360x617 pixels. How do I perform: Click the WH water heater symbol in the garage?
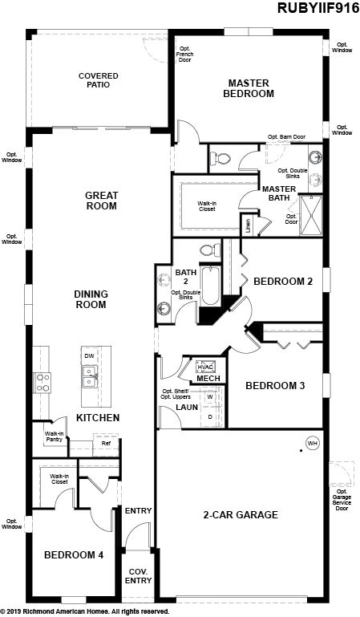pyautogui.click(x=313, y=444)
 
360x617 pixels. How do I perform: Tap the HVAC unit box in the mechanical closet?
pyautogui.click(x=205, y=367)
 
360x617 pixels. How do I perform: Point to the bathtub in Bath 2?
pyautogui.click(x=210, y=286)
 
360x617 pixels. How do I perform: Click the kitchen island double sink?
pyautogui.click(x=90, y=376)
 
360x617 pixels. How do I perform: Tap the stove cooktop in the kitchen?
pyautogui.click(x=42, y=383)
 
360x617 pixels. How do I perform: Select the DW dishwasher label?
pyautogui.click(x=89, y=355)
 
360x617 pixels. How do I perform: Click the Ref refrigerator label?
pyautogui.click(x=106, y=444)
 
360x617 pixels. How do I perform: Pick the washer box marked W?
pyautogui.click(x=210, y=396)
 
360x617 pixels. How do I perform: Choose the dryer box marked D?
pyautogui.click(x=210, y=416)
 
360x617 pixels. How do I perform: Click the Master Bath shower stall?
pyautogui.click(x=311, y=215)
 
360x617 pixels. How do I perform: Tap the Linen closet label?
pyautogui.click(x=248, y=226)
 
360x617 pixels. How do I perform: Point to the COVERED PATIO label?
pyautogui.click(x=99, y=80)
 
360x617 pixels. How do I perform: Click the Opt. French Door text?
pyautogui.click(x=184, y=55)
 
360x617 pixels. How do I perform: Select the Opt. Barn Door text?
pyautogui.click(x=287, y=137)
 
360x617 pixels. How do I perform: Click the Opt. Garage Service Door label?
pyautogui.click(x=342, y=500)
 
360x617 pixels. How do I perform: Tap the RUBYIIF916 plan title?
pyautogui.click(x=318, y=8)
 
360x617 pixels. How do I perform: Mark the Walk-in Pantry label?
pyautogui.click(x=54, y=436)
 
